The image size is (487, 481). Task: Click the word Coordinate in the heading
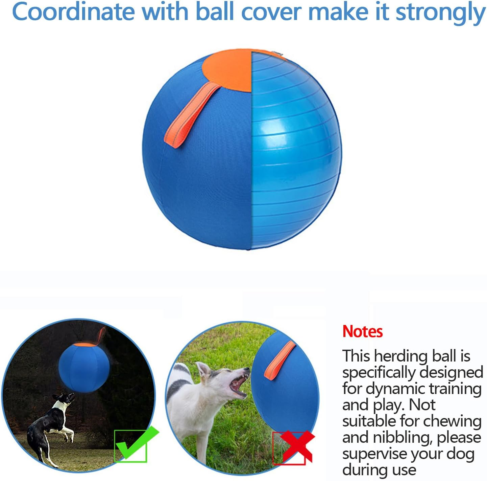[73, 12]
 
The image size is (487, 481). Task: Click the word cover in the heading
[271, 12]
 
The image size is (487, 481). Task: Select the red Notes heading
[362, 331]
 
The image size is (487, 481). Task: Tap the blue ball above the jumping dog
[84, 367]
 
